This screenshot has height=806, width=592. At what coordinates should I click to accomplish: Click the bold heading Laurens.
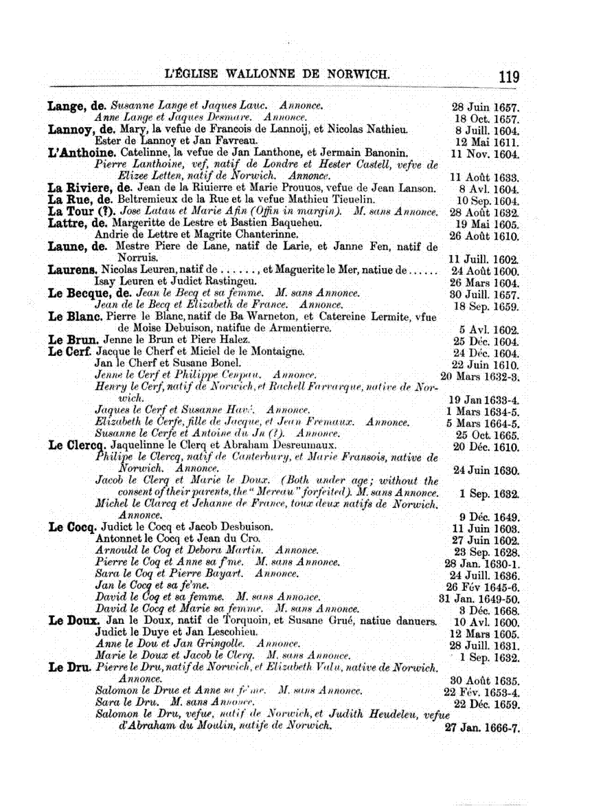tap(72, 270)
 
